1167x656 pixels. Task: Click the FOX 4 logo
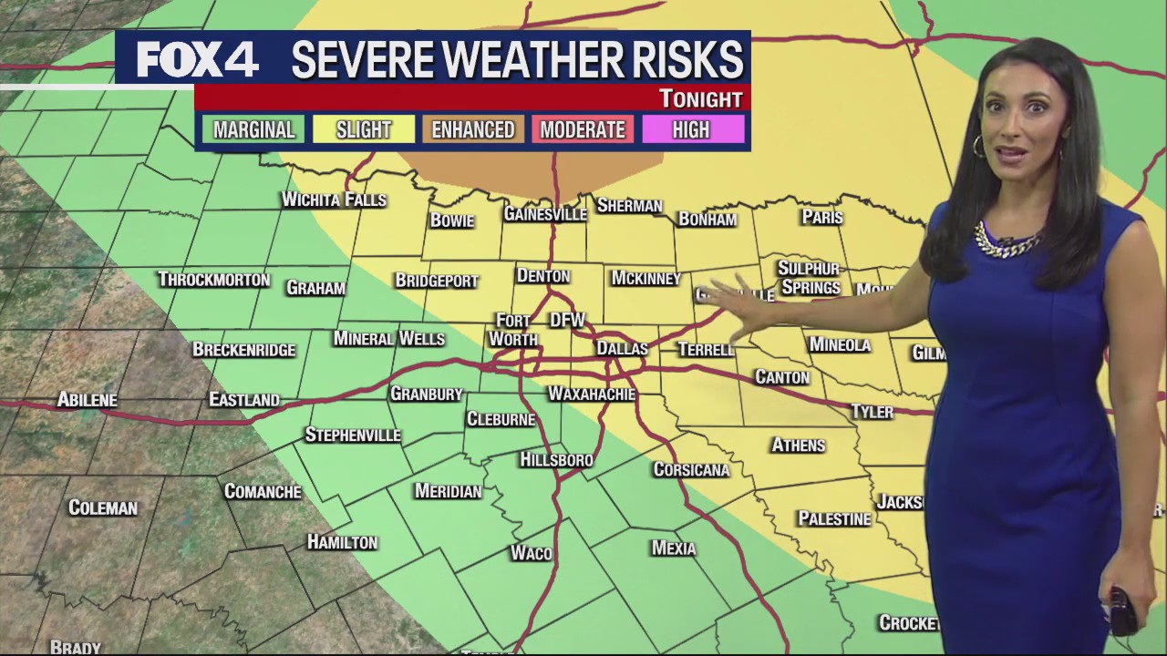[x=198, y=61]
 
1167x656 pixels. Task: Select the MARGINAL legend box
[x=253, y=130]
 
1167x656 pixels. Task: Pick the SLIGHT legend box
[x=363, y=130]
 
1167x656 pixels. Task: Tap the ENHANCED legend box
[x=472, y=130]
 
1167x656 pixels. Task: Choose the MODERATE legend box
[x=583, y=130]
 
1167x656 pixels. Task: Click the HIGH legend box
[x=691, y=130]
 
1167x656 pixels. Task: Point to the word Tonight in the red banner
[x=700, y=98]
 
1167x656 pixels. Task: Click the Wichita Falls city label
[x=334, y=200]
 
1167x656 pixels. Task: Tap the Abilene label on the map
[x=87, y=399]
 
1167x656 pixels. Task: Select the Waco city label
[x=532, y=553]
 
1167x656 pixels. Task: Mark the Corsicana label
[x=691, y=469]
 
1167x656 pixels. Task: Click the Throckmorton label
[x=213, y=279]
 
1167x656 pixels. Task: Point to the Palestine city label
[x=834, y=518]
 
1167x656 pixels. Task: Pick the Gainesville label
[x=545, y=214]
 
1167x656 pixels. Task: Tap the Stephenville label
[x=353, y=435]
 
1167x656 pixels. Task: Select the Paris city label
[x=821, y=217]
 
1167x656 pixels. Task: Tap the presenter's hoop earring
[x=977, y=146]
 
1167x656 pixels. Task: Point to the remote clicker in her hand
[x=1122, y=610]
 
